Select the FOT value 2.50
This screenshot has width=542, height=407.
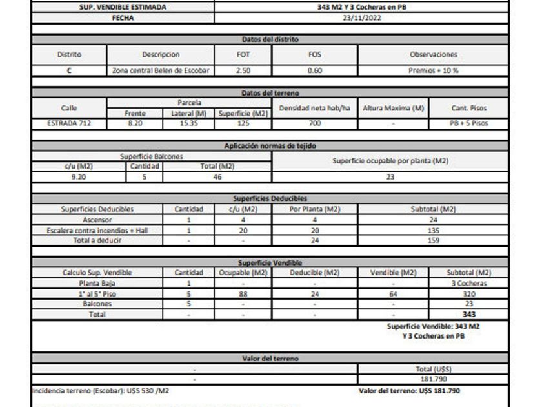[x=243, y=70]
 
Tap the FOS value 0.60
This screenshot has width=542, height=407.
[x=314, y=70]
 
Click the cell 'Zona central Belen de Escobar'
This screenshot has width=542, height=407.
[x=160, y=70]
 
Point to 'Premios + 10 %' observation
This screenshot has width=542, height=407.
[x=433, y=70]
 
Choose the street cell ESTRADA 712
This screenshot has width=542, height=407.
[x=69, y=123]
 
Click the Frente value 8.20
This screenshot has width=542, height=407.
[x=135, y=123]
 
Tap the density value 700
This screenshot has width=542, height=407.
[x=314, y=123]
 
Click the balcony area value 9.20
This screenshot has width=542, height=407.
[x=79, y=176]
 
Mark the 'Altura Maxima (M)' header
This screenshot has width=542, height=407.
[x=393, y=108]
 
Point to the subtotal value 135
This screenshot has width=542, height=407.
[x=433, y=230]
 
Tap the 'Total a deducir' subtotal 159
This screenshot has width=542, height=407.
[x=433, y=240]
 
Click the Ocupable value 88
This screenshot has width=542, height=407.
[x=243, y=293]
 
